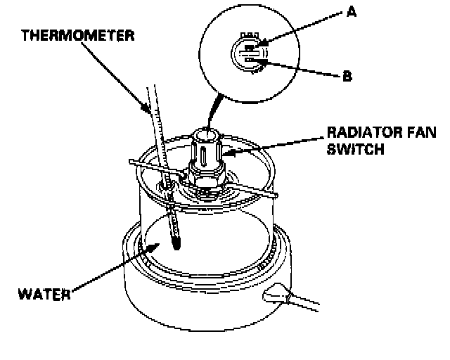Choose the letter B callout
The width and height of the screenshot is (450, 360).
(347, 77)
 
